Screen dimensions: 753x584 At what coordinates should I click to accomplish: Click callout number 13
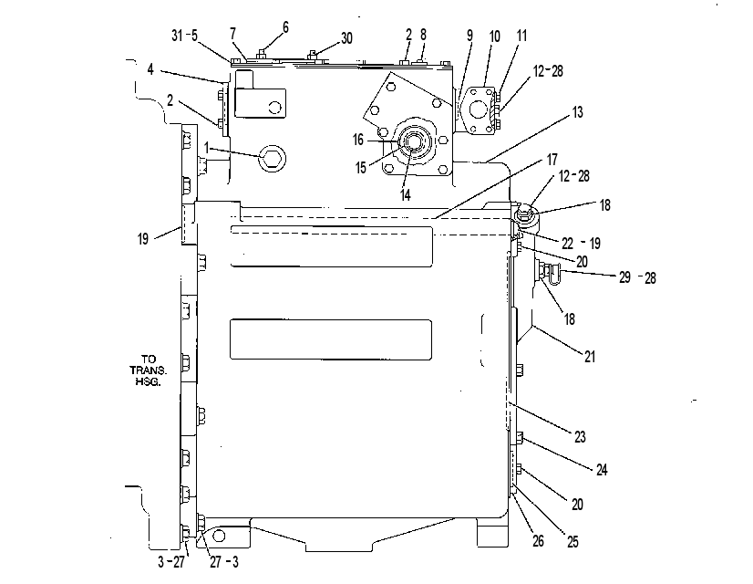pyautogui.click(x=578, y=112)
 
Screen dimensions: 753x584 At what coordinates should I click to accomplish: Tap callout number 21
pyautogui.click(x=590, y=357)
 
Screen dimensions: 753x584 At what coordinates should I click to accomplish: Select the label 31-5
pyautogui.click(x=184, y=36)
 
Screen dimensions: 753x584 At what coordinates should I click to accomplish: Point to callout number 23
pyautogui.click(x=580, y=436)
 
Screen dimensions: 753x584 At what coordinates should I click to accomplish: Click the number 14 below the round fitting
pyautogui.click(x=406, y=194)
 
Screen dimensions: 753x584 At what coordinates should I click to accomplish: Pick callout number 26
pyautogui.click(x=539, y=541)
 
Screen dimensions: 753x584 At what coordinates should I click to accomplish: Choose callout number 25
pyautogui.click(x=572, y=542)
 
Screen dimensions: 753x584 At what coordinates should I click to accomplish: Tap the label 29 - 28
pyautogui.click(x=637, y=277)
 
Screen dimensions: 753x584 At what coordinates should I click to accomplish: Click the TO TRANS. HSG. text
pyautogui.click(x=148, y=370)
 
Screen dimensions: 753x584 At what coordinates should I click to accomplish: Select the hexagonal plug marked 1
pyautogui.click(x=272, y=157)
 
